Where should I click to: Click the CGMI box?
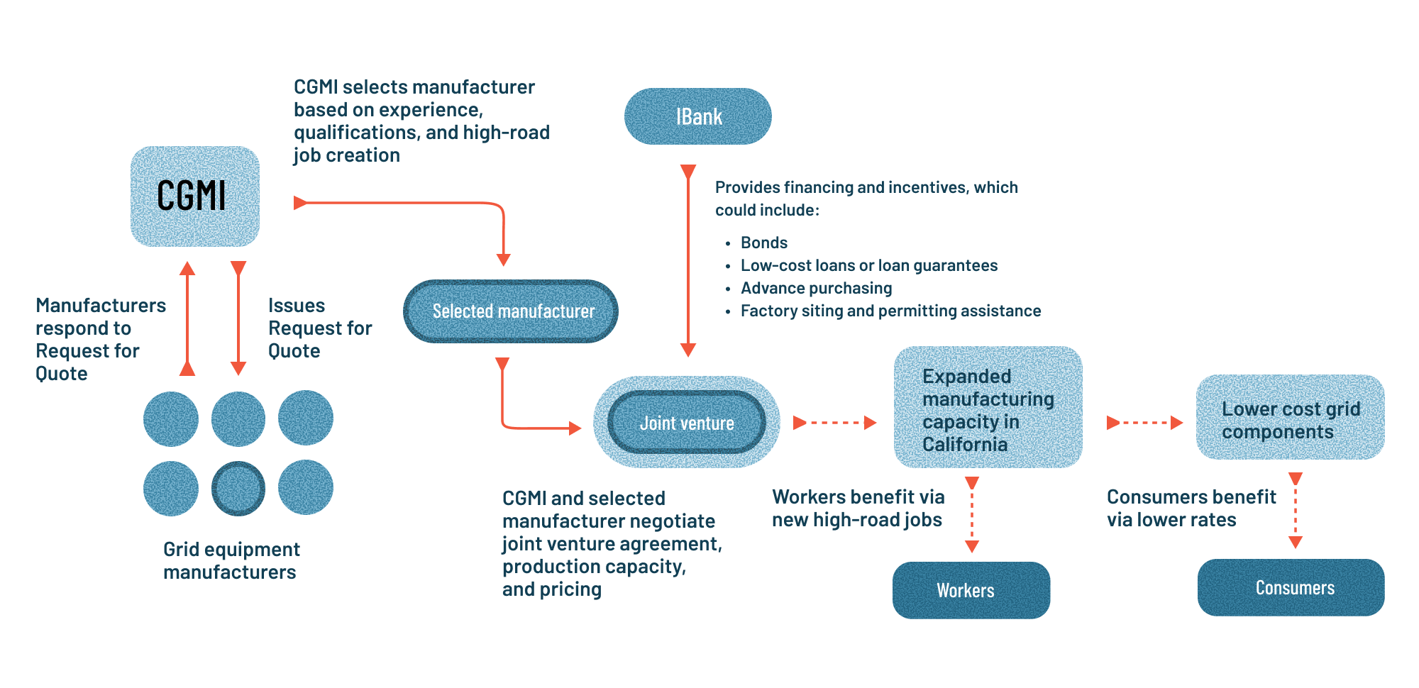pos(194,196)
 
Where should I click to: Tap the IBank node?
pos(697,116)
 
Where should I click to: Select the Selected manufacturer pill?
pos(511,311)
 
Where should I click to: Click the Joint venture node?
pos(686,423)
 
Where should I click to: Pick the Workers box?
pos(971,590)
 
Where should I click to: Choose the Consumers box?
pos(1291,587)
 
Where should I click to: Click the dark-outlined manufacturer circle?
pos(238,488)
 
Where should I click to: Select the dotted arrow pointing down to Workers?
pos(972,514)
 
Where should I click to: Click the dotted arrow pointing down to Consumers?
pos(1296,511)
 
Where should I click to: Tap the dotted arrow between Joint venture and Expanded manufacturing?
pos(834,423)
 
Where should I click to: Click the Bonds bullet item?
pos(763,243)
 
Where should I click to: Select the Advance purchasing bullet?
pos(816,288)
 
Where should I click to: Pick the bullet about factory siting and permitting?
pos(890,311)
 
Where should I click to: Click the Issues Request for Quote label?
pos(319,328)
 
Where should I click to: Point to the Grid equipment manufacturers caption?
pos(231,560)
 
